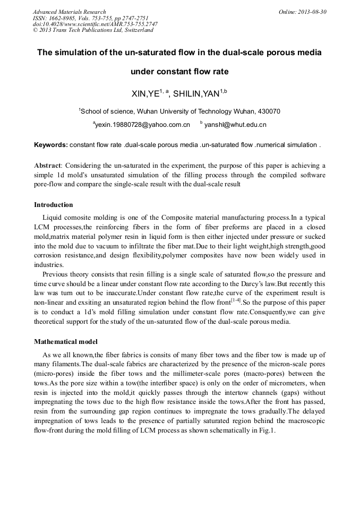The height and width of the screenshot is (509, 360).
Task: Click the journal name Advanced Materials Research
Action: pos(69,12)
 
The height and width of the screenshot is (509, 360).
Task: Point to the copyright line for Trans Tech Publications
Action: pos(93,30)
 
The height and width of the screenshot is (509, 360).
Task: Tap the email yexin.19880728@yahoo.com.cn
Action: pos(142,125)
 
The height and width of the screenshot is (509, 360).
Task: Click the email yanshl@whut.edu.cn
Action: pos(235,125)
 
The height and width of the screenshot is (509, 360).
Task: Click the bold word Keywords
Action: pos(50,144)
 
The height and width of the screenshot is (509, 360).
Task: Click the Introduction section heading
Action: pos(54,205)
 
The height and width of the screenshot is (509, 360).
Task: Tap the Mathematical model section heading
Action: pos(66,342)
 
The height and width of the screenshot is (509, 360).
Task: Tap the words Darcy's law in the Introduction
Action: pos(258,283)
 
